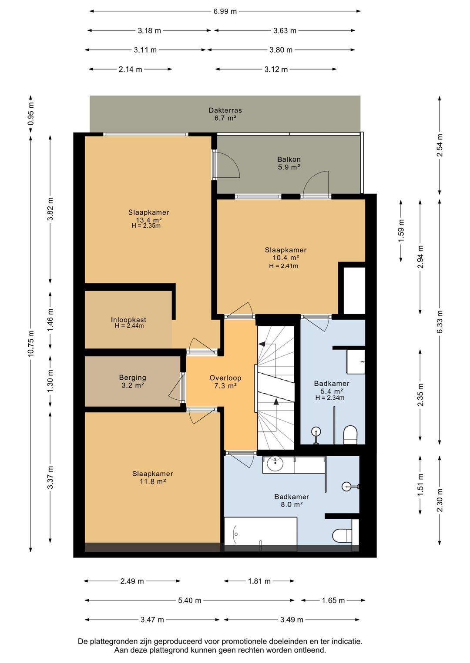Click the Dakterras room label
tap(225, 110)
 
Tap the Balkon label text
tap(289, 159)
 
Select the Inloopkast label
tap(128, 320)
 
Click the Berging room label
tap(133, 378)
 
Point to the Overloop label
tap(225, 378)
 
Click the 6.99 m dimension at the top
tap(225, 12)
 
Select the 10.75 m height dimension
tap(31, 344)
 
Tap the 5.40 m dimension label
tap(189, 600)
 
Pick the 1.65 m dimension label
tap(333, 600)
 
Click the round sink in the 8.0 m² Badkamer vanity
tap(275, 464)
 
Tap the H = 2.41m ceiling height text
tap(283, 266)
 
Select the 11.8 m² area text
tap(152, 481)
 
